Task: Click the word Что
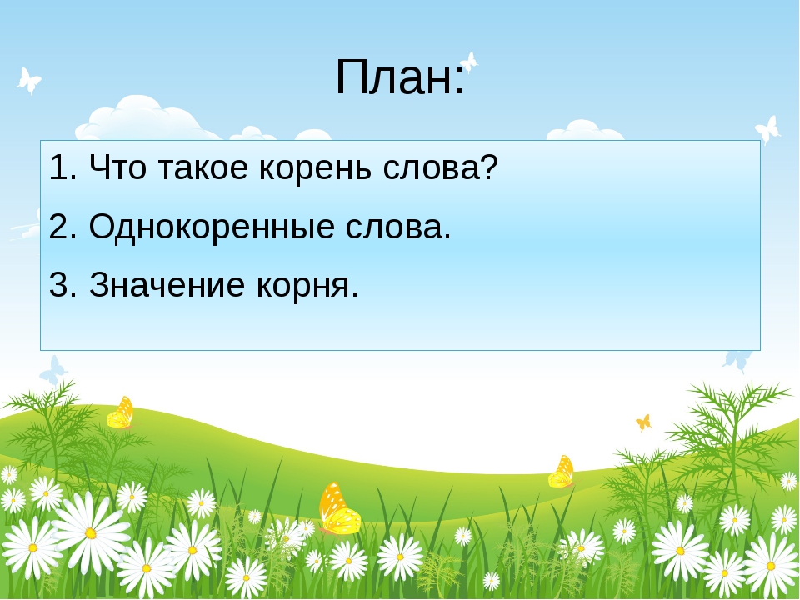point(117,167)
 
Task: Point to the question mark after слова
point(489,167)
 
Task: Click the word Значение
point(167,284)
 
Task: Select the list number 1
point(58,167)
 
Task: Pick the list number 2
point(58,226)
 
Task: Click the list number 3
point(58,284)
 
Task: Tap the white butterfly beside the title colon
point(469,62)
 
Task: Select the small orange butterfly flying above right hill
point(644,422)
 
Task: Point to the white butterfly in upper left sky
point(28,81)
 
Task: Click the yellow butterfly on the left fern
point(120,412)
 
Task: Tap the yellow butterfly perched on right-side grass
point(561,472)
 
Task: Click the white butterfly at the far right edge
point(767,130)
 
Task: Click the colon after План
point(460,82)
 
